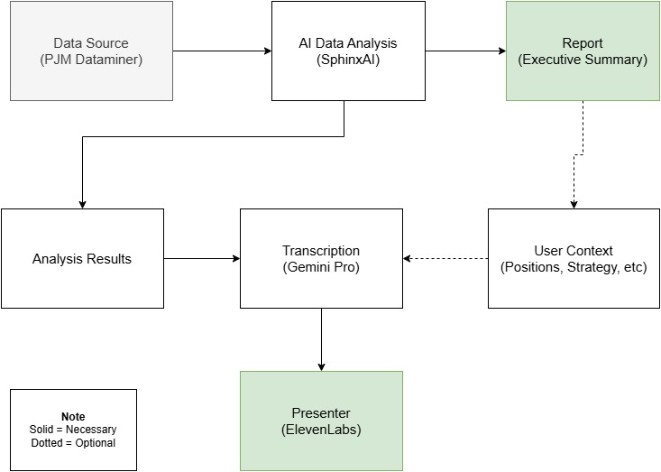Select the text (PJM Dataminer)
pos(91,60)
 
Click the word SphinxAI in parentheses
pos(348,60)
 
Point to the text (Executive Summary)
pos(583,60)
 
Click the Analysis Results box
pos(82,259)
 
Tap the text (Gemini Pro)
pos(321,268)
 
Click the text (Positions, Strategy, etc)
pos(574,268)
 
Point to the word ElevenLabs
pos(321,430)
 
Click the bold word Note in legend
pos(73,417)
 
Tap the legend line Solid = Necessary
pos(73,430)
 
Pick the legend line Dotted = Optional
pos(73,442)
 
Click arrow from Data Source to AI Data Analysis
pos(222,51)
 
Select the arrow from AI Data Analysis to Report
pos(465,51)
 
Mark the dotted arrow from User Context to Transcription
pos(445,259)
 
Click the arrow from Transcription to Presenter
pos(321,339)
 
